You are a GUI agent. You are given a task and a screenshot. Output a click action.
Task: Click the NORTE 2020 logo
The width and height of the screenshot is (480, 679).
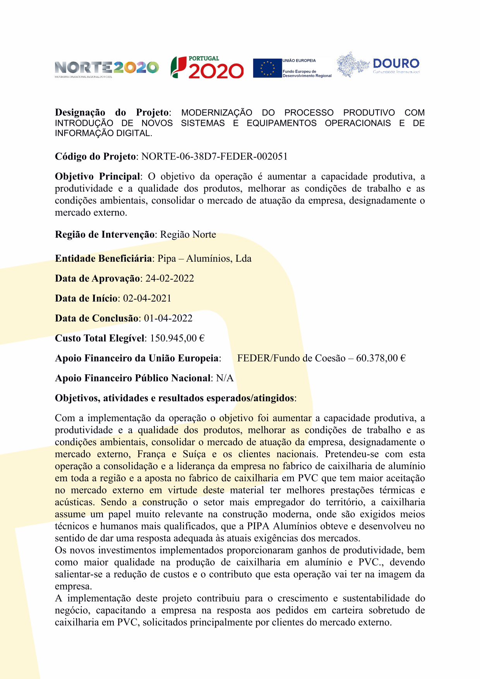pos(106,68)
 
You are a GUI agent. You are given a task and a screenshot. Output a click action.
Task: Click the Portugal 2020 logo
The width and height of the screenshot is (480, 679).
pos(207,68)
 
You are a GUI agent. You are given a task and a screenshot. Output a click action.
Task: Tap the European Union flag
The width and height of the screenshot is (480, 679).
pos(267,68)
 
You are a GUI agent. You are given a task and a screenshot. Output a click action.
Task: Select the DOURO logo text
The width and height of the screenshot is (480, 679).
pos(396,64)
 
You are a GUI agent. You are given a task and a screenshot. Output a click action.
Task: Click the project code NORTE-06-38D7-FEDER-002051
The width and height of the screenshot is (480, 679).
pos(214,156)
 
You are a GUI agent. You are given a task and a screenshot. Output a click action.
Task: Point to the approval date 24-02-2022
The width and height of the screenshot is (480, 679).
pos(170,278)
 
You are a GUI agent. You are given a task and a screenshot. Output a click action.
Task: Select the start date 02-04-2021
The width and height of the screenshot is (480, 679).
pos(147,298)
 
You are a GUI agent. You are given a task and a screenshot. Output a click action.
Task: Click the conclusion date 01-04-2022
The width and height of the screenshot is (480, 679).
pos(168,318)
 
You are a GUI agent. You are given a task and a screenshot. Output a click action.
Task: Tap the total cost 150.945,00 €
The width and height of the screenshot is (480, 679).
pos(177,338)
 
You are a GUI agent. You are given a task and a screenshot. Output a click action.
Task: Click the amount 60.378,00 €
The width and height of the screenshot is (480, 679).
pos(381,358)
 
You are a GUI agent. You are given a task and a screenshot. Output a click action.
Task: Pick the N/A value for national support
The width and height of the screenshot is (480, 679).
pos(225,378)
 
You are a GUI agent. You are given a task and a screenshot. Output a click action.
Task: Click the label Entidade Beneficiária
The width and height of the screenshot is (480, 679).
pos(103,258)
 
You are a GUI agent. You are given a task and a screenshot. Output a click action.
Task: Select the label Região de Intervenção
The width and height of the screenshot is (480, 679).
pos(105,234)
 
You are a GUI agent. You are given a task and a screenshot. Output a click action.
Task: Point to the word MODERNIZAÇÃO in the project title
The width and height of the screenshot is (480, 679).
pos(217,113)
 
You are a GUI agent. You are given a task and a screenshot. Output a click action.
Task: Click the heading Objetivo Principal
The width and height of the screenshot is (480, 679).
pos(98,177)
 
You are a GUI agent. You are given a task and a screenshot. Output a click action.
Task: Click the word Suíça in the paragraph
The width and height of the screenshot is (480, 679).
pos(194,454)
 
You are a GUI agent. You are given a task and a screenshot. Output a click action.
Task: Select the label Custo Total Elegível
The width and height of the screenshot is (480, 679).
pos(100,338)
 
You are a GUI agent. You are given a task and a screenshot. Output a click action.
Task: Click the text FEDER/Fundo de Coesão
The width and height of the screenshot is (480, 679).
pos(291,358)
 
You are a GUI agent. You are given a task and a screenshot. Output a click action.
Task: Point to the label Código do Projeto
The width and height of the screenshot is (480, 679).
pos(95,156)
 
